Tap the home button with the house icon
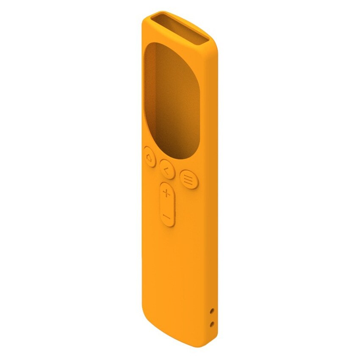(x=150, y=157)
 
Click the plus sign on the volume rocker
(x=167, y=194)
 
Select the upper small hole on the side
(x=212, y=311)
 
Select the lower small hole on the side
(x=212, y=324)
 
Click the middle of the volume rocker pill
(x=168, y=205)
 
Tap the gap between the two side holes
(x=212, y=318)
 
